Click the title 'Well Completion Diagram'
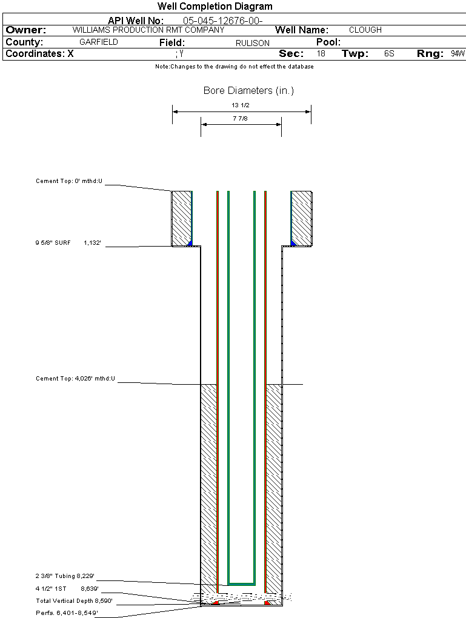(x=215, y=7)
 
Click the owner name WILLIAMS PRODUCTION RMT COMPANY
(x=148, y=30)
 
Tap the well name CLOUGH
(x=365, y=30)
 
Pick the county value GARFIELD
(x=99, y=42)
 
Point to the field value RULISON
(x=253, y=43)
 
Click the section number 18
(x=321, y=54)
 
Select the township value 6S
(x=389, y=54)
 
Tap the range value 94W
(x=458, y=54)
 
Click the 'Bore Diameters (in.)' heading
(x=248, y=91)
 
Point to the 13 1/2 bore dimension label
(x=241, y=105)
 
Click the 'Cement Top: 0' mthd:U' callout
(x=69, y=181)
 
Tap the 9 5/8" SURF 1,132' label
(x=67, y=243)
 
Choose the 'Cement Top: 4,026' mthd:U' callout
(x=75, y=379)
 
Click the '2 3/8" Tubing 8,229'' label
(x=65, y=576)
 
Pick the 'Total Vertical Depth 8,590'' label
(x=74, y=601)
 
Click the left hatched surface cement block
(x=181, y=218)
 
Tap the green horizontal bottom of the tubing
(x=241, y=583)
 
